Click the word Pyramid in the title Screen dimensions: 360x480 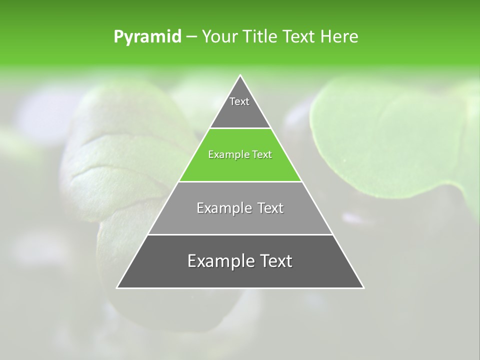(x=147, y=37)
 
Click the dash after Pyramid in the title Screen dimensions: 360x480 (x=191, y=37)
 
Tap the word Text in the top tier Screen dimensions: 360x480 (x=239, y=101)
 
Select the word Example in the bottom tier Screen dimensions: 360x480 (x=218, y=261)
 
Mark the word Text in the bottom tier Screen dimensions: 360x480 (x=274, y=261)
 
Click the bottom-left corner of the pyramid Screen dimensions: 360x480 (x=117, y=287)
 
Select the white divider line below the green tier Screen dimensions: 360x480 (x=240, y=181)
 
